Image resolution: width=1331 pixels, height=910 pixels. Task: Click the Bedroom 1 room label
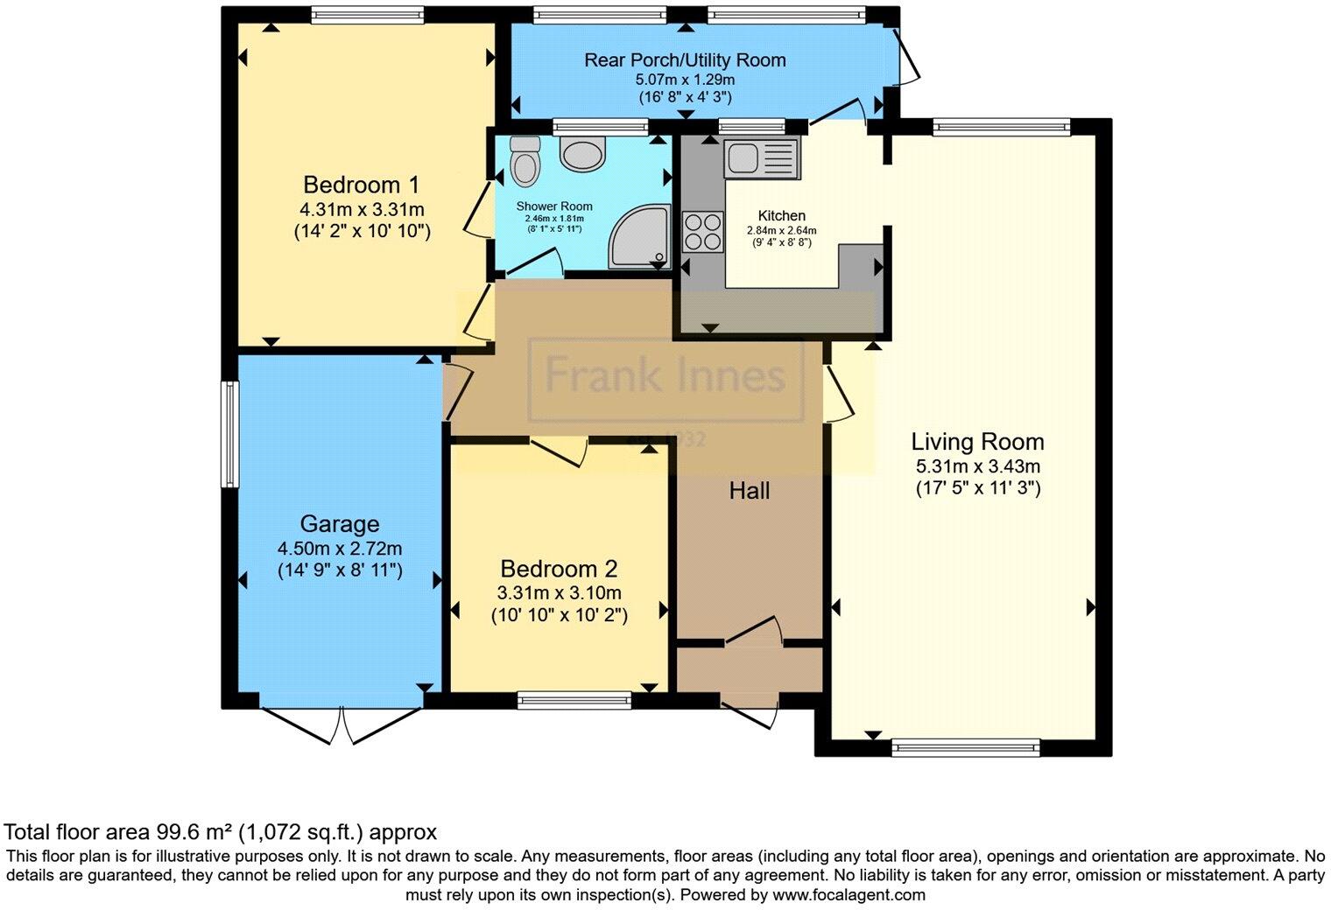pos(361,185)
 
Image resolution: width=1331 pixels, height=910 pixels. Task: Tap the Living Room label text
pos(977,442)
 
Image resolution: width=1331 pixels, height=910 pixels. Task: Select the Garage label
pos(340,524)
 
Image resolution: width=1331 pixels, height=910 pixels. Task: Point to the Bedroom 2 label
pos(559,569)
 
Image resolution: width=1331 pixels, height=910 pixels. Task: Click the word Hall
pos(750,491)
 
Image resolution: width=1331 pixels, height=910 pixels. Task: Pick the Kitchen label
pos(781,215)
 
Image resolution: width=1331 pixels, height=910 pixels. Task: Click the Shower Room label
pos(554,206)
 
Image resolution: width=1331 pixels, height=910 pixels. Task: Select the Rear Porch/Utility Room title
pos(685,59)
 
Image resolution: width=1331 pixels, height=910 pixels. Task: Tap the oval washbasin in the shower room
pos(582,156)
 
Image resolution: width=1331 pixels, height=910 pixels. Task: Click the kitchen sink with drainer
pos(761,158)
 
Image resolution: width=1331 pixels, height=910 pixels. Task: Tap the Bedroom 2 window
pos(574,699)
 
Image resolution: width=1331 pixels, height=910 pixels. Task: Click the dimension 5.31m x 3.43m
pos(977,466)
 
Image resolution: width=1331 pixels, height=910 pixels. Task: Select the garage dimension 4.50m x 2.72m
pos(340,549)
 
